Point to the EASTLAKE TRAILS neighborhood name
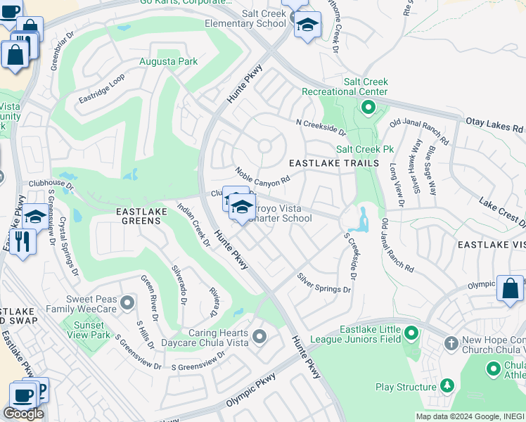[x=334, y=163]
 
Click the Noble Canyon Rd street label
[x=263, y=176]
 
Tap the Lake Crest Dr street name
[x=502, y=212]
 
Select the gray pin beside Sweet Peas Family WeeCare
[x=127, y=302]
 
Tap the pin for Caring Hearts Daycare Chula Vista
[x=259, y=338]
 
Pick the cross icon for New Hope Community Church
[x=451, y=344]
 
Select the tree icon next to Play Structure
[x=447, y=386]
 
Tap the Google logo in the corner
[x=23, y=413]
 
